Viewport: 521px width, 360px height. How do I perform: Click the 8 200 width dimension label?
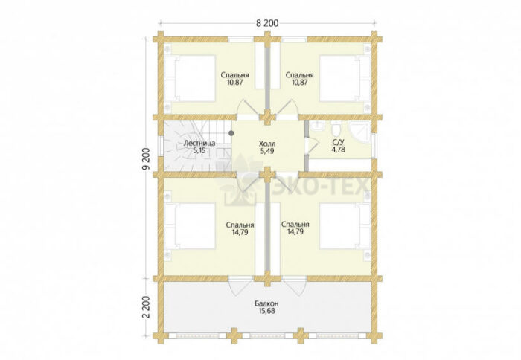pyautogui.click(x=267, y=23)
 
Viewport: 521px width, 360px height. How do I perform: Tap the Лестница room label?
pyautogui.click(x=199, y=144)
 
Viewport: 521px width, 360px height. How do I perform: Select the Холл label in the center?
pyautogui.click(x=267, y=144)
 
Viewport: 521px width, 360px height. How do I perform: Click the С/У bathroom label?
pyautogui.click(x=338, y=143)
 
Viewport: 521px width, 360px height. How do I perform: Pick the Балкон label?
pyautogui.click(x=267, y=303)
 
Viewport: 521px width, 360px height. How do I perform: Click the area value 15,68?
pyautogui.click(x=267, y=311)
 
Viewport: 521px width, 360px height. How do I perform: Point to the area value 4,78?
pyautogui.click(x=338, y=150)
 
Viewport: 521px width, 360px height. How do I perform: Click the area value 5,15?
pyautogui.click(x=199, y=150)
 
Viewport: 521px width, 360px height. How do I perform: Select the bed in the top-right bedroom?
pyautogui.click(x=345, y=78)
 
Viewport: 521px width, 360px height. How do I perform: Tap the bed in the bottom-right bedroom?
pyautogui.click(x=345, y=226)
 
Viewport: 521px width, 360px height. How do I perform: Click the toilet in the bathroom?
pyautogui.click(x=336, y=127)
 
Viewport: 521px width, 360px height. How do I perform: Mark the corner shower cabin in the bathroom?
pyautogui.click(x=359, y=132)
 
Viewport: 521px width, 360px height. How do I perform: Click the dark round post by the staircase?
pyautogui.click(x=231, y=133)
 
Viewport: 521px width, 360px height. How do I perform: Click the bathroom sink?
pyautogui.click(x=317, y=125)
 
